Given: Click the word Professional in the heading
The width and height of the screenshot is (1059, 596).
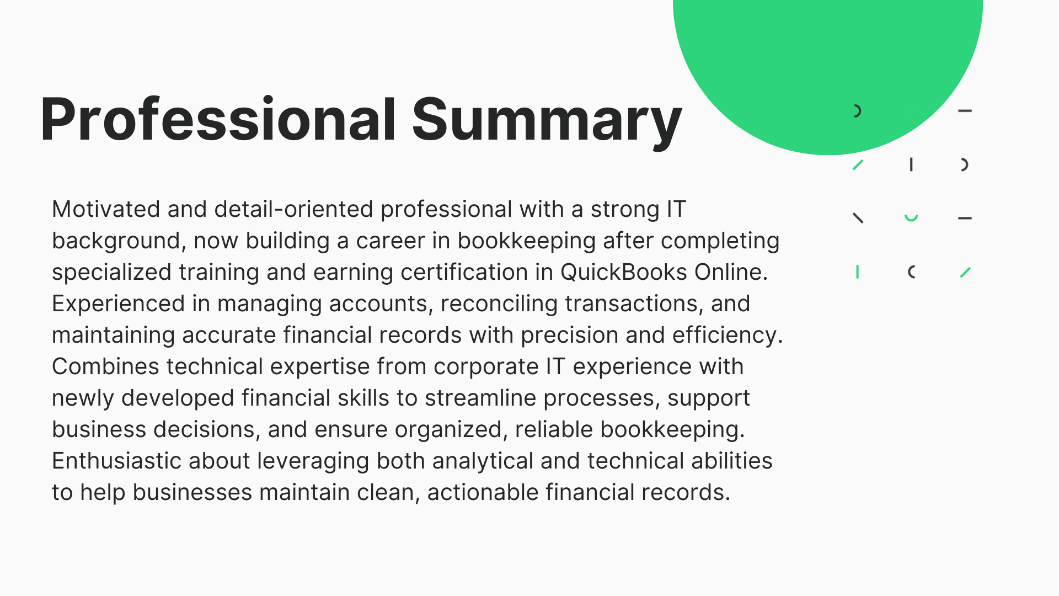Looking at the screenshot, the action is (x=218, y=120).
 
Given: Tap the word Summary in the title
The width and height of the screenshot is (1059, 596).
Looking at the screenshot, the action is (x=547, y=123).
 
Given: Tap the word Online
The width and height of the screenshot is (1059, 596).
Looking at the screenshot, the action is (x=731, y=273).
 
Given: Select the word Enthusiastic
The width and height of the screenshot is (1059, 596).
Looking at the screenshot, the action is (x=116, y=461).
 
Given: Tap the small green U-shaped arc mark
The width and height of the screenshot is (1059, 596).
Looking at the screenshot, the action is (x=911, y=218).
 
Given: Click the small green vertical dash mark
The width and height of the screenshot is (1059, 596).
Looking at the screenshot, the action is (x=858, y=272).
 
